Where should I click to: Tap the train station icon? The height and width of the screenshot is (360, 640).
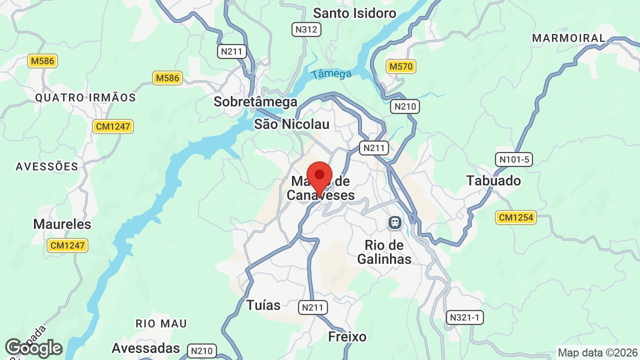395,222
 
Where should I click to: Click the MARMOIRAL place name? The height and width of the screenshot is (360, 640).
568,38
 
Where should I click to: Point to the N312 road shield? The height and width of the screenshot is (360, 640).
306,29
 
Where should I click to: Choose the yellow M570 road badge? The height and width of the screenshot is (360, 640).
401,66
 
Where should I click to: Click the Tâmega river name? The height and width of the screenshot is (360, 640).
331,74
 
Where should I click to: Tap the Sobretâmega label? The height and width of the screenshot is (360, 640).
255,102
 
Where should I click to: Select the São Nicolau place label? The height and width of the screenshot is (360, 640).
291,124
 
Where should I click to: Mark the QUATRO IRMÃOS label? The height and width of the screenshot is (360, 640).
85,98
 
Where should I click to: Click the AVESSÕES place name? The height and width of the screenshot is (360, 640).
47,166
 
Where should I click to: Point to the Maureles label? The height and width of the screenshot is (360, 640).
62,224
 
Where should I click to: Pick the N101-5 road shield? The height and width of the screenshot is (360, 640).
513,159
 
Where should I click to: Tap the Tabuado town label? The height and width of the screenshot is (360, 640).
493,180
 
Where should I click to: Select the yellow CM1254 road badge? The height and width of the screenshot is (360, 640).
516,217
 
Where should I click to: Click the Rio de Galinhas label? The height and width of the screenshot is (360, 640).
388,252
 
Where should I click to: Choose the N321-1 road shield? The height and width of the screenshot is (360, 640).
465,317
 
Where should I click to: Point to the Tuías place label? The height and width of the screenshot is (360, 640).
263,305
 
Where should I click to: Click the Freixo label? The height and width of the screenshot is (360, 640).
347,336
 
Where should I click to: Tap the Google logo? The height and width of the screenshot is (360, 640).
33,348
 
